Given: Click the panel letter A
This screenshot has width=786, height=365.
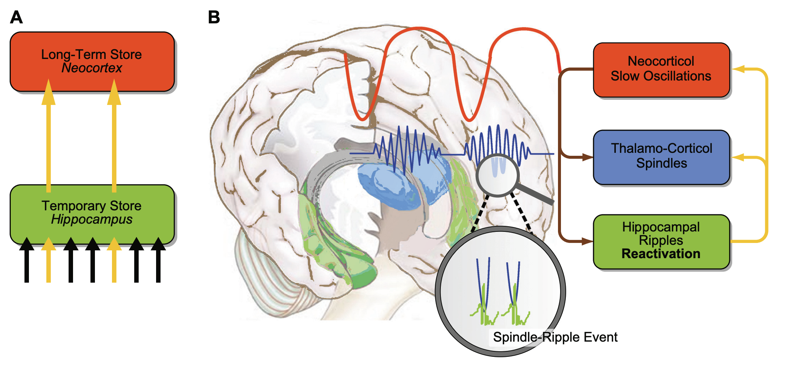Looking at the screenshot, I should click(x=16, y=17).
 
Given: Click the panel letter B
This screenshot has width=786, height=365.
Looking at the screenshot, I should click(x=214, y=17).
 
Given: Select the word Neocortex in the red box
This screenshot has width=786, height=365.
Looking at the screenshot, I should click(x=92, y=68).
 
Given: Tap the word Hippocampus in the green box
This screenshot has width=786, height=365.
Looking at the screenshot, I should click(x=92, y=219).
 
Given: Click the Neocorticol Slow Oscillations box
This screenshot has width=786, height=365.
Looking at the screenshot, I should click(x=661, y=70).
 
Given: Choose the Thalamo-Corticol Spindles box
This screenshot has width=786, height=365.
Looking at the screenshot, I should click(x=661, y=157).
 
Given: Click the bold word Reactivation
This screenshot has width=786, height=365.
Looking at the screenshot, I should click(x=661, y=254).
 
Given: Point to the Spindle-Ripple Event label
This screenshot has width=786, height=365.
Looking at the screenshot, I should click(x=555, y=337).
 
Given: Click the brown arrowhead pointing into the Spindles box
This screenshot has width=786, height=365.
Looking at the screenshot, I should click(x=588, y=157).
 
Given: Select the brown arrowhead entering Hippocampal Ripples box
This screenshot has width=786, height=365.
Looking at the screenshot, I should click(x=588, y=241).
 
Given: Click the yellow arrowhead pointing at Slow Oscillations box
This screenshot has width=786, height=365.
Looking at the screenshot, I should click(x=738, y=69).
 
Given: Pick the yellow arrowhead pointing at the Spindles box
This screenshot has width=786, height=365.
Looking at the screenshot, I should click(x=738, y=157).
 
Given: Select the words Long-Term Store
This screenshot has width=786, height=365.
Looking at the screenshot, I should click(x=92, y=55).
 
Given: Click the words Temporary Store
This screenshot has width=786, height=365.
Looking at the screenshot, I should click(x=92, y=206).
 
